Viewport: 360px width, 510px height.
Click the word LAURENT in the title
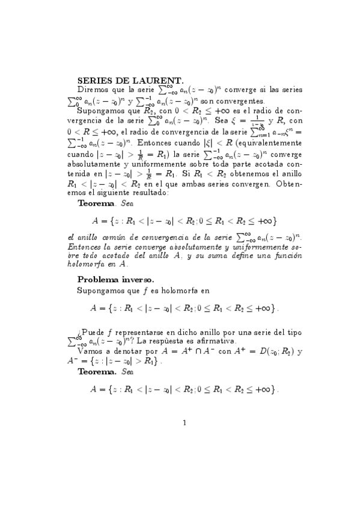159,79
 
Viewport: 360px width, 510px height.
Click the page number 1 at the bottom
185,422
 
